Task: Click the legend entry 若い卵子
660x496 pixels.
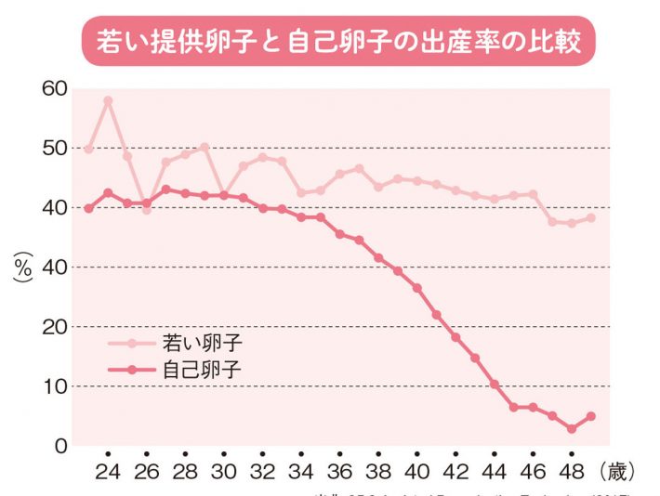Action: pyautogui.click(x=208, y=343)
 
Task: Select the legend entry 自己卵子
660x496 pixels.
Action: pyautogui.click(x=208, y=369)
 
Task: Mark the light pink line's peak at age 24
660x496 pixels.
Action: pyautogui.click(x=108, y=100)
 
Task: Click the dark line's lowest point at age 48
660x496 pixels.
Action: pyautogui.click(x=572, y=428)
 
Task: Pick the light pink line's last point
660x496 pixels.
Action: pyautogui.click(x=591, y=218)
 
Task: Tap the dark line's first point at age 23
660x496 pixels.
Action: pyautogui.click(x=88, y=208)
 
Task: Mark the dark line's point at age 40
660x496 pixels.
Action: pyautogui.click(x=417, y=288)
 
